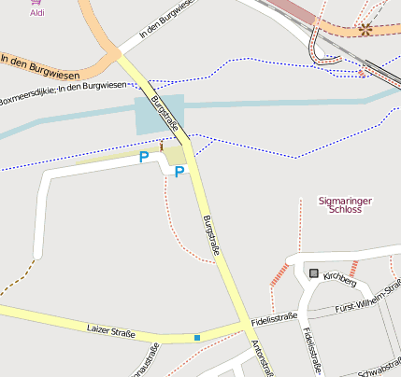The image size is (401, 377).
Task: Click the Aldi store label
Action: coord(37,13)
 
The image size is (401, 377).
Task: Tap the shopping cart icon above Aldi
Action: coord(37,2)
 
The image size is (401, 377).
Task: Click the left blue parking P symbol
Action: coord(144,158)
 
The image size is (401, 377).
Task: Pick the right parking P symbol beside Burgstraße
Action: coord(179,172)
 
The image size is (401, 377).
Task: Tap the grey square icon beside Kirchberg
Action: coord(313,272)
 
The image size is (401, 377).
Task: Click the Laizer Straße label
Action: coord(110,331)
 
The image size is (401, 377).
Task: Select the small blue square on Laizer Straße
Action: coord(197,337)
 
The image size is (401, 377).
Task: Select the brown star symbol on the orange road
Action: coord(365,29)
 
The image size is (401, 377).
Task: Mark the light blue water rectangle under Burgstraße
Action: coord(160,116)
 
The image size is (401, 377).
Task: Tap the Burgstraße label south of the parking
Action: coord(211,236)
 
